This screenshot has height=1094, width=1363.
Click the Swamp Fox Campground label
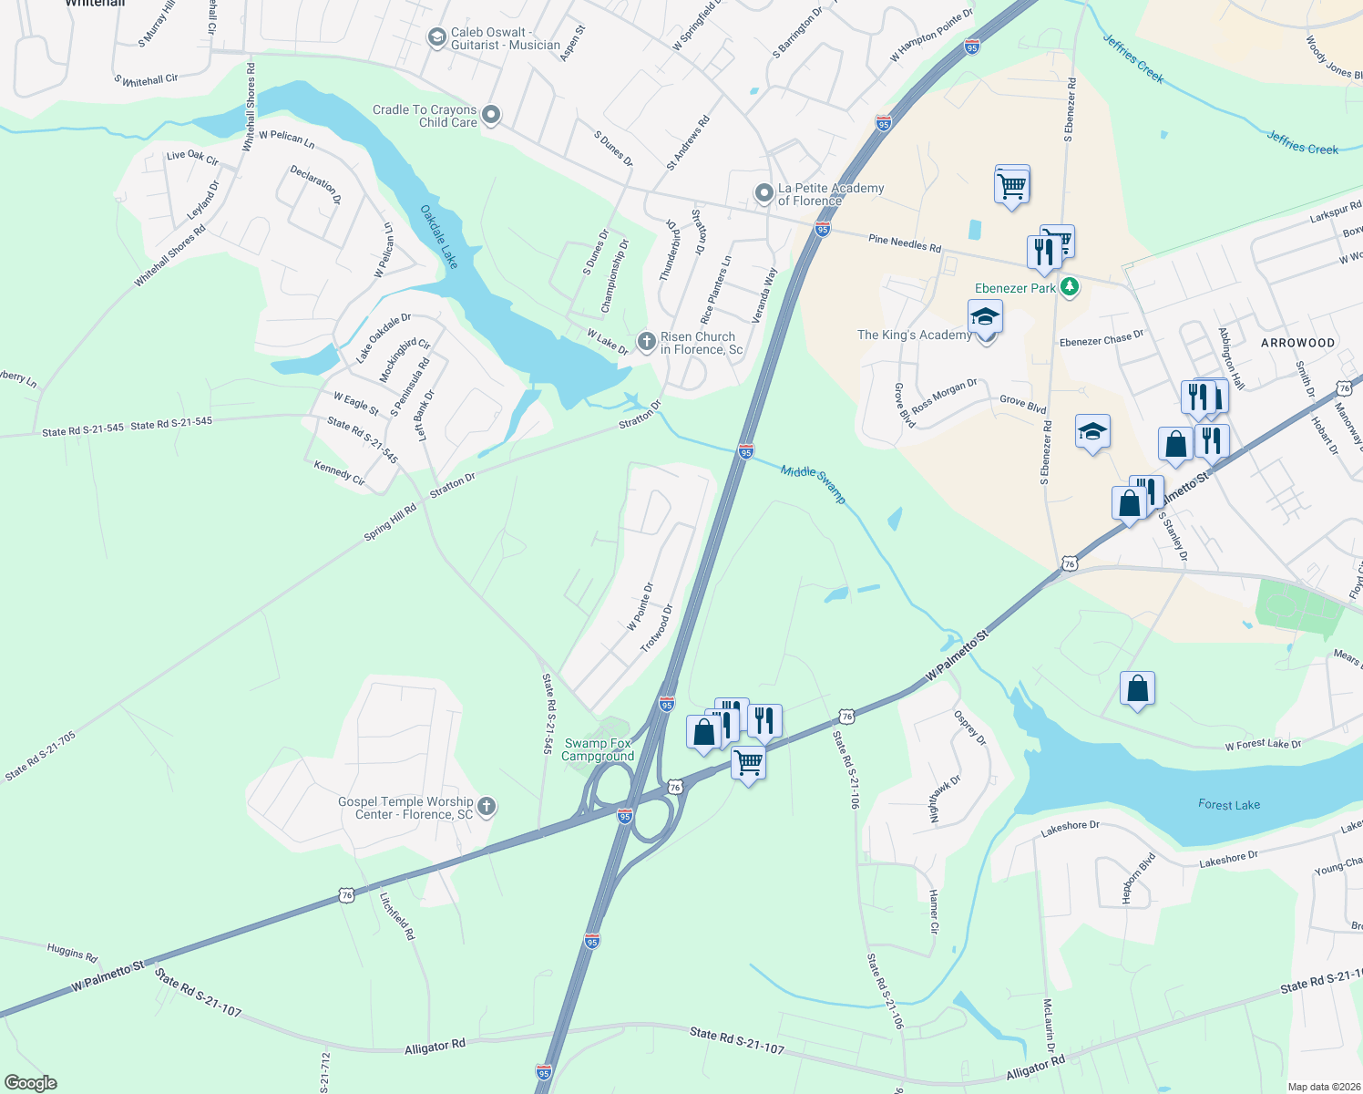tap(598, 749)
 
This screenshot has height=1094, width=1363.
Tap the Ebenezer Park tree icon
tap(1070, 287)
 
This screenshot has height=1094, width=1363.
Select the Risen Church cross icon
tap(646, 342)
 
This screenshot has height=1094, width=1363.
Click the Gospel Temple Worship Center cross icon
tap(487, 806)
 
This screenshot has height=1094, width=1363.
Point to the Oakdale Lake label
tap(439, 236)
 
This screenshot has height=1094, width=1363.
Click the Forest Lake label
tap(1229, 804)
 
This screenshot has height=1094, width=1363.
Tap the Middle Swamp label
tap(813, 483)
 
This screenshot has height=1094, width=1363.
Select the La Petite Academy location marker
tap(764, 193)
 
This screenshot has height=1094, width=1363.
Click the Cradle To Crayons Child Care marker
tap(491, 115)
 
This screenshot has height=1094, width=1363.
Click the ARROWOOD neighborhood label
tap(1297, 343)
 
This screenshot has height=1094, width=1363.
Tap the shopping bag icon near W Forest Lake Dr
tap(1138, 688)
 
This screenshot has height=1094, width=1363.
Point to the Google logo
tap(31, 1083)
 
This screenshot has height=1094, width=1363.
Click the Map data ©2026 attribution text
tap(1321, 1087)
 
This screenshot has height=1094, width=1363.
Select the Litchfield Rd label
tap(397, 916)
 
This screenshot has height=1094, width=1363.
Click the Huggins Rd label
tap(72, 953)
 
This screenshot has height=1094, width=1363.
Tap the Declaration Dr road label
tap(315, 184)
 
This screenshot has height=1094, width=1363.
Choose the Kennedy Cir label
tap(339, 473)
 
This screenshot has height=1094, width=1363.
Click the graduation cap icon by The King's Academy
tap(985, 316)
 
